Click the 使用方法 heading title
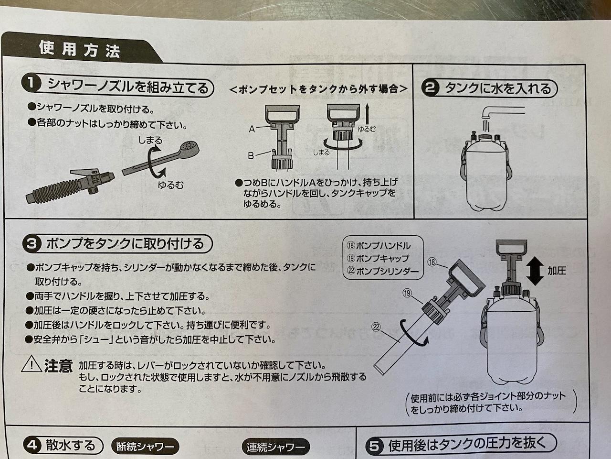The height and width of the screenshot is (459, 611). [79, 50]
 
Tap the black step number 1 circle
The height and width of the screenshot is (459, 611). [31, 84]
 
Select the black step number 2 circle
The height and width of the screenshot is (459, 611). [431, 88]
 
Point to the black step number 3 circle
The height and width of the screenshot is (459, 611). [32, 244]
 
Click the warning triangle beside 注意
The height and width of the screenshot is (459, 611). [32, 364]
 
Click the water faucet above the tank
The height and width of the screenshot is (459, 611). [501, 112]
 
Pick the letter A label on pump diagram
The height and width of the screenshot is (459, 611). [252, 129]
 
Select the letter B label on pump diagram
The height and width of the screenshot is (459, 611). [251, 155]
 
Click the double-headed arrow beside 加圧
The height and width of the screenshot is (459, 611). [535, 271]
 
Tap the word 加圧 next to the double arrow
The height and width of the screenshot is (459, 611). [557, 271]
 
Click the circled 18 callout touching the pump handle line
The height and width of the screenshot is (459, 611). [432, 262]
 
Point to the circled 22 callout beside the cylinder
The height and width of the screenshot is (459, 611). [376, 327]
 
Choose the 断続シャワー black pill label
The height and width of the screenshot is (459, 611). [145, 447]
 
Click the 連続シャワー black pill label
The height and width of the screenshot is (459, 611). [275, 447]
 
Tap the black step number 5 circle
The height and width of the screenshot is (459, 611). [374, 446]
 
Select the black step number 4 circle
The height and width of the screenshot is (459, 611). [32, 445]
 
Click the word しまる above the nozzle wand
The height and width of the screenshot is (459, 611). [150, 140]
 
